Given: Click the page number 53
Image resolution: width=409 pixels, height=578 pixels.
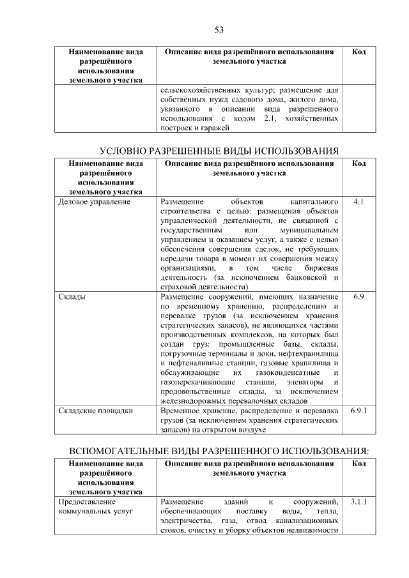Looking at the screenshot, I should coord(218,29).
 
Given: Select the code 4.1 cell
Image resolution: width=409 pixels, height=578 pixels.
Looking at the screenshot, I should coord(358,202).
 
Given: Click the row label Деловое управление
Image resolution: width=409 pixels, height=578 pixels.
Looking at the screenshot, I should coord(94,202).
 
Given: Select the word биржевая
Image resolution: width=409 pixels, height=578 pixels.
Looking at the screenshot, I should coord(320,268).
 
